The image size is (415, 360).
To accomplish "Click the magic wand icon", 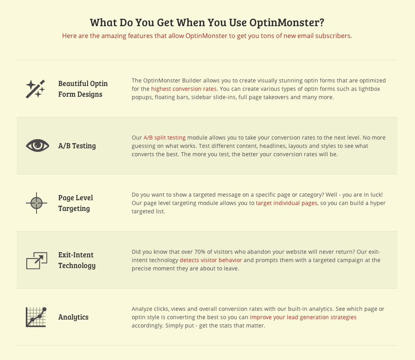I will coord(35,89).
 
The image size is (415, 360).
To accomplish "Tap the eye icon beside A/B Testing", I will coord(37,146).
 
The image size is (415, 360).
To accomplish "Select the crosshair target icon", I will coord(37,203).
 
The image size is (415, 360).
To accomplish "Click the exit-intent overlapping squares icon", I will coord(37,260).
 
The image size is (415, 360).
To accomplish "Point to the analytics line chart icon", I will coord(36,317).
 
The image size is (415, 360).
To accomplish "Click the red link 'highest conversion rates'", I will coord(184,89).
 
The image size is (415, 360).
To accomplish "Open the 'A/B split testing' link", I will coord(165,138).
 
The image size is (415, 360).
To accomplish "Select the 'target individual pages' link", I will coord(286,203).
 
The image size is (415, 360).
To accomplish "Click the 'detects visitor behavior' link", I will coord(211,260).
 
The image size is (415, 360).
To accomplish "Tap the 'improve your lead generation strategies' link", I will coord(303,317).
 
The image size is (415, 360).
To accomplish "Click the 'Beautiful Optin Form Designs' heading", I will coord(83,89).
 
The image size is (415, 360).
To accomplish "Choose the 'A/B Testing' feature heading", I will coord(77,146).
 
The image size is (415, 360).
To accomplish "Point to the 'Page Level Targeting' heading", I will coord(75,203).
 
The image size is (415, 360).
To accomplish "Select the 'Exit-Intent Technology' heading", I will coord(77,260).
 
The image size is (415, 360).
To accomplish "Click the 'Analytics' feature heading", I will coord(73,317).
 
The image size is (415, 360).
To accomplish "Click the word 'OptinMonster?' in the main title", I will coord(287,22).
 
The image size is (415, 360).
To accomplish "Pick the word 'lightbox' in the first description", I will coord(369,89).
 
